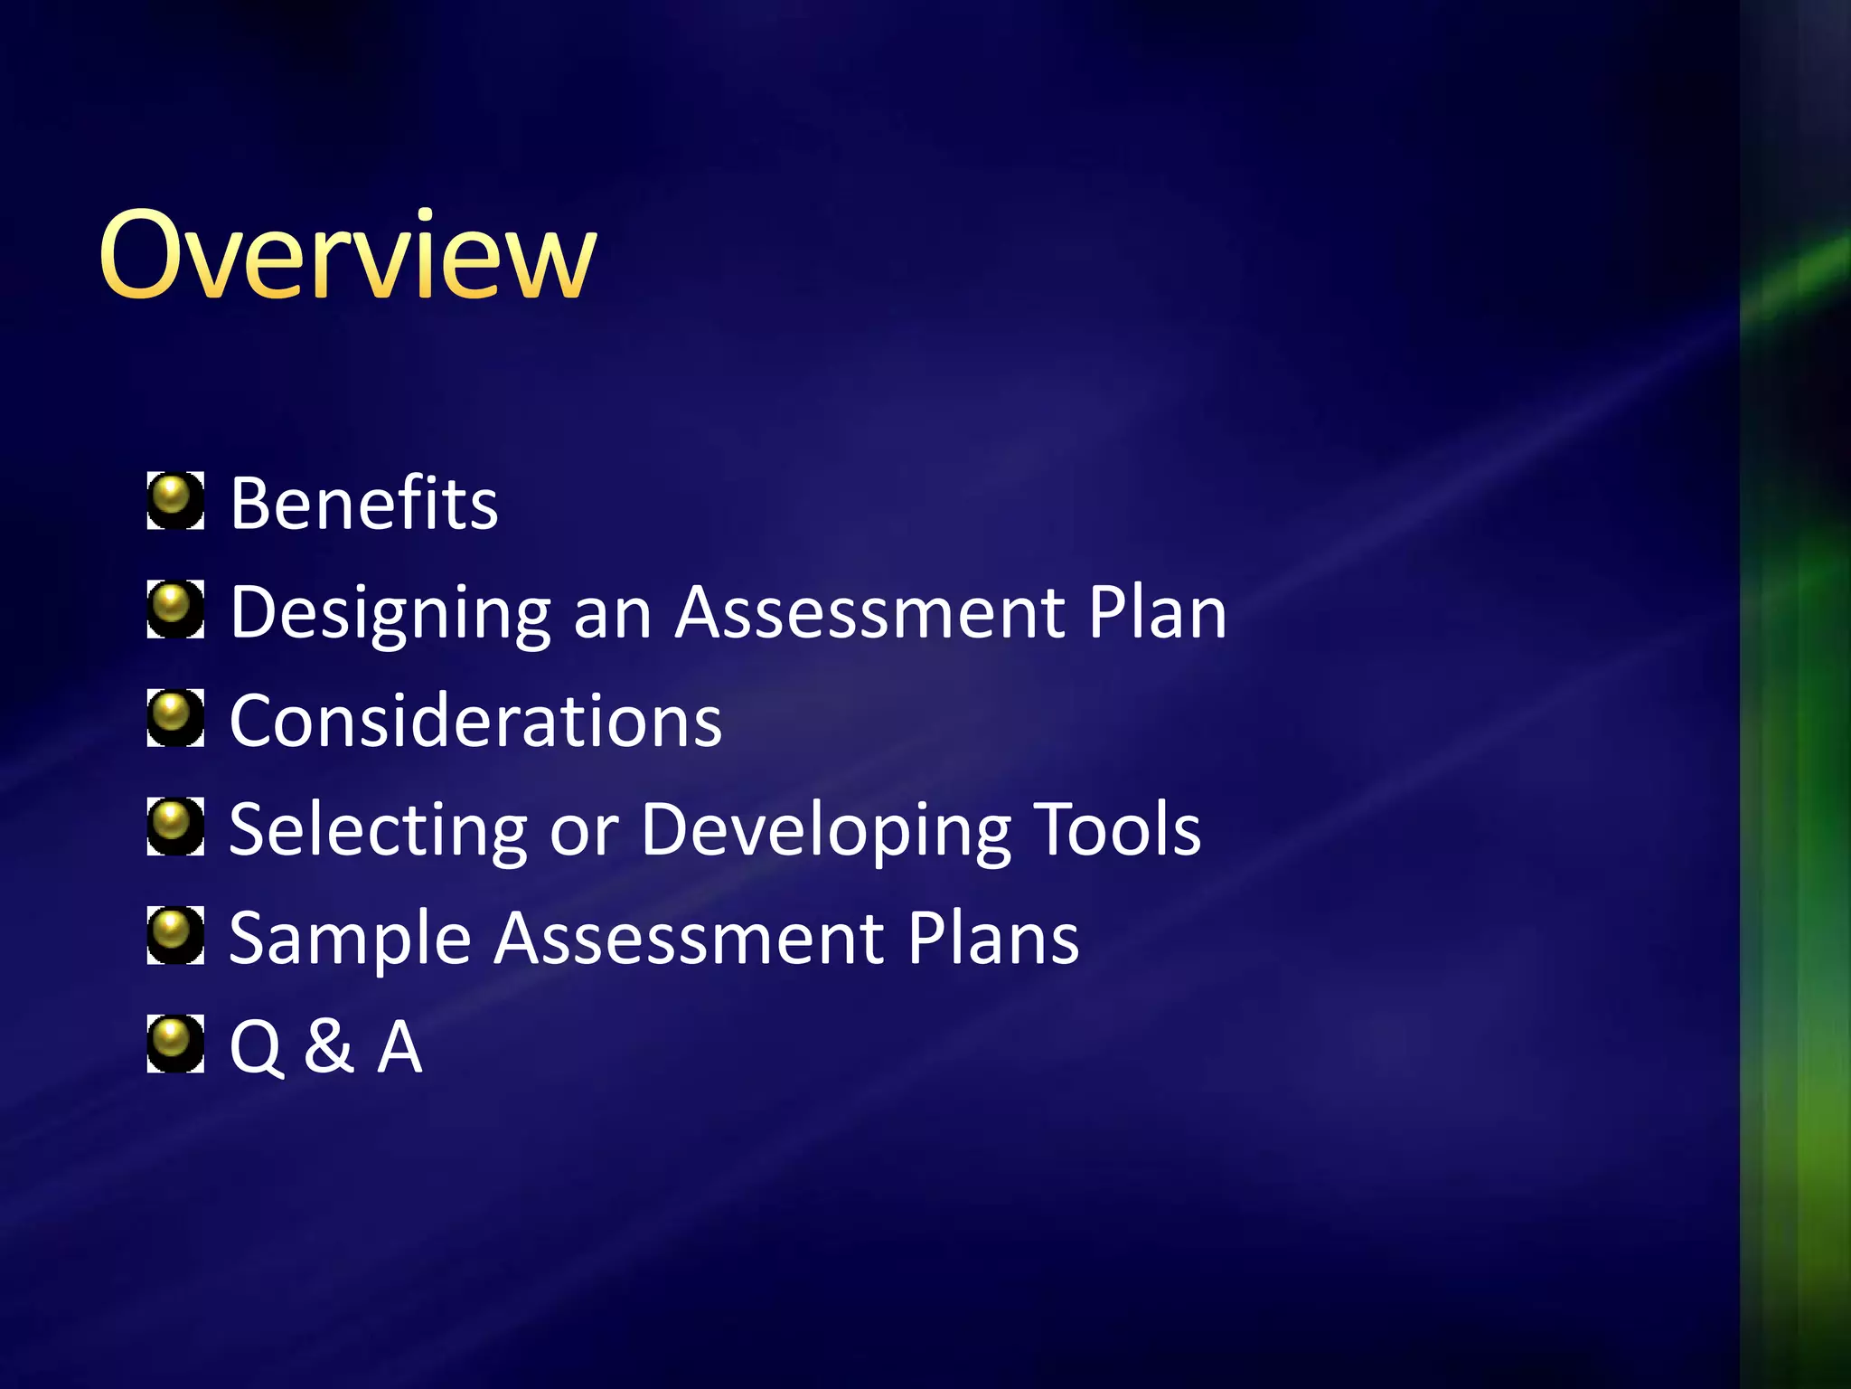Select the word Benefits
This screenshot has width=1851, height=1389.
click(x=363, y=503)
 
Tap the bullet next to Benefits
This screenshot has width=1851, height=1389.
click(x=175, y=500)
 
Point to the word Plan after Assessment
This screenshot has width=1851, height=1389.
click(x=1157, y=612)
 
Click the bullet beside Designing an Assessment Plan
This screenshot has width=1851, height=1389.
click(x=175, y=609)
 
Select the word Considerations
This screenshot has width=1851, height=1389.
click(x=475, y=721)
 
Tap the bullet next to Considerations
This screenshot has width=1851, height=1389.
click(x=175, y=717)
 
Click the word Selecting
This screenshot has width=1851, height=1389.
click(x=378, y=831)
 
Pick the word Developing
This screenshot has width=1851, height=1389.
click(x=826, y=831)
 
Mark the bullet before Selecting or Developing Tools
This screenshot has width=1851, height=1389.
click(x=175, y=826)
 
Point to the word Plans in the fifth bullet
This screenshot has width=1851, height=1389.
click(x=993, y=938)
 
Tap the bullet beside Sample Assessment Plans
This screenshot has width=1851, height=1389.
click(x=175, y=935)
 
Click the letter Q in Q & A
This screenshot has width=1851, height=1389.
click(x=257, y=1048)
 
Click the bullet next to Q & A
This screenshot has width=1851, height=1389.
click(x=175, y=1044)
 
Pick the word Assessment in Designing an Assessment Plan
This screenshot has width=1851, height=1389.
click(x=870, y=612)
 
